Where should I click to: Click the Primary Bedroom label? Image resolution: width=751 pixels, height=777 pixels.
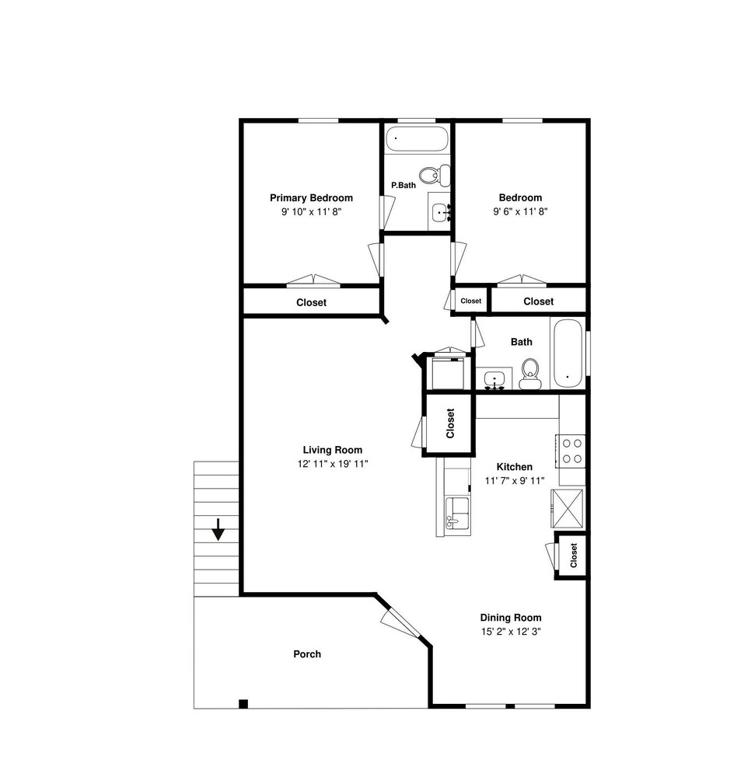tap(311, 197)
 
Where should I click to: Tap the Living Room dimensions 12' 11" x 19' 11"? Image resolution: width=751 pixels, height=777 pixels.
tap(333, 464)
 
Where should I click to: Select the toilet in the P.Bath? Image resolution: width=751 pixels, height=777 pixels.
tap(435, 174)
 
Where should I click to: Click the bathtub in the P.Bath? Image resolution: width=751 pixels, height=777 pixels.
tap(417, 139)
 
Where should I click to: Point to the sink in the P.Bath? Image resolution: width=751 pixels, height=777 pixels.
tap(440, 213)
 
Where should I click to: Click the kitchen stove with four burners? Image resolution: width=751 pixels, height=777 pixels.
tap(571, 451)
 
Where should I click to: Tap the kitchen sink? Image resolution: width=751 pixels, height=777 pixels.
tap(457, 514)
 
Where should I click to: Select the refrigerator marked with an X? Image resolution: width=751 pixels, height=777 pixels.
tap(568, 508)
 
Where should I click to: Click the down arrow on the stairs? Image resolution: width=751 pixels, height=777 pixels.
tap(218, 529)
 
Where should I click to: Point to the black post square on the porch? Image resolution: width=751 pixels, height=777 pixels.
tap(243, 704)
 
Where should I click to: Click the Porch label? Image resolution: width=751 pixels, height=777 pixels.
tap(307, 654)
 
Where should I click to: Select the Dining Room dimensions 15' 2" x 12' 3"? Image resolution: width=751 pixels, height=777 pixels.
tap(511, 631)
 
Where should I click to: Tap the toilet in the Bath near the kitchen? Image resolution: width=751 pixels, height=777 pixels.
tap(530, 374)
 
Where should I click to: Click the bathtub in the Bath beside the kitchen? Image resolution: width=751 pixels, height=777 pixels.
tap(568, 354)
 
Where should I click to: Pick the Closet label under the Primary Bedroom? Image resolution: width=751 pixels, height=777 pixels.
tap(311, 302)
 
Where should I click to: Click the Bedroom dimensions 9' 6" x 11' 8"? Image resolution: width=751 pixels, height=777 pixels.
tap(520, 211)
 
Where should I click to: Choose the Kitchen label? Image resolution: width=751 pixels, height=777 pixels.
tap(515, 467)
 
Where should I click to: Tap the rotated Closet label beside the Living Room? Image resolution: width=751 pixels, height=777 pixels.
tap(450, 423)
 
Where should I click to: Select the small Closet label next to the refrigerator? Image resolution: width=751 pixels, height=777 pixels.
tap(574, 555)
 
